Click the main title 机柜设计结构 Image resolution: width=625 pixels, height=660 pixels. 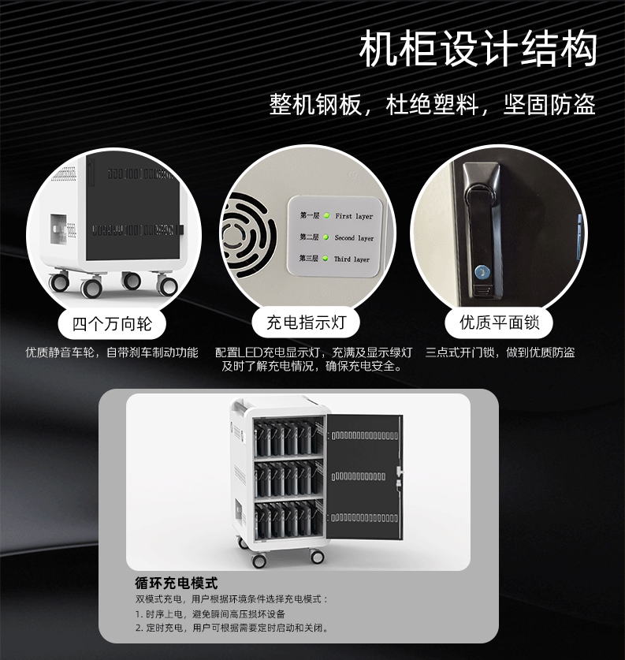tap(478, 49)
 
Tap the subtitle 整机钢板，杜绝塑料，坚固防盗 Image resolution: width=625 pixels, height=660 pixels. tap(433, 104)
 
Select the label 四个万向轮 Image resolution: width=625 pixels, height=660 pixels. tap(112, 324)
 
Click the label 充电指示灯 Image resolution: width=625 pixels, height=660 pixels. tap(306, 323)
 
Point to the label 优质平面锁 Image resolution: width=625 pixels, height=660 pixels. tap(499, 323)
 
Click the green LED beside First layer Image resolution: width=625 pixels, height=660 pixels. tap(327, 216)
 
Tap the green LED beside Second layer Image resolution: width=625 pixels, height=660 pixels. tap(326, 237)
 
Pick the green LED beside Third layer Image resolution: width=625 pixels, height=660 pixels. tap(326, 259)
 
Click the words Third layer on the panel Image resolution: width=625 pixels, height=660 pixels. tap(352, 259)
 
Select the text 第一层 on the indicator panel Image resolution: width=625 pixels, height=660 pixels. tap(310, 215)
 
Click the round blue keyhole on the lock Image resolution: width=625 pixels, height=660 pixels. tap(480, 273)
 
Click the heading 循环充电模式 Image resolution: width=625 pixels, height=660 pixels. tap(177, 583)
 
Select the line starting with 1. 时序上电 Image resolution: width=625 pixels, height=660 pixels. tap(210, 614)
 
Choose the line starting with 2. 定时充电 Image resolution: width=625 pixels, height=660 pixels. tap(233, 628)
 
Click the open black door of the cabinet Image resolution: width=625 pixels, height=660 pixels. tap(364, 476)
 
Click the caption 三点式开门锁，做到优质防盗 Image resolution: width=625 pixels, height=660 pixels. tap(500, 352)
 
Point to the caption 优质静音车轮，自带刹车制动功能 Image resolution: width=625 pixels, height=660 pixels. tap(112, 352)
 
